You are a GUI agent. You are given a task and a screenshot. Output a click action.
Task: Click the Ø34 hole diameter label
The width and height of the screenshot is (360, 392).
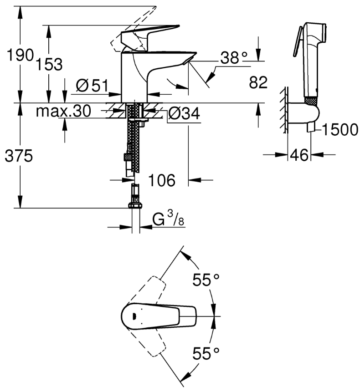click(184, 114)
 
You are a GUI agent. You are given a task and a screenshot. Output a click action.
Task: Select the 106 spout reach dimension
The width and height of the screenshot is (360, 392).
click(162, 180)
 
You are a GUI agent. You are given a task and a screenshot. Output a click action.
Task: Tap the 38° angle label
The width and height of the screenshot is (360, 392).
click(234, 57)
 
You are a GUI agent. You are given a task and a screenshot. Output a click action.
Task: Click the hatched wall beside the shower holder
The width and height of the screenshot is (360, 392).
click(283, 109)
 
